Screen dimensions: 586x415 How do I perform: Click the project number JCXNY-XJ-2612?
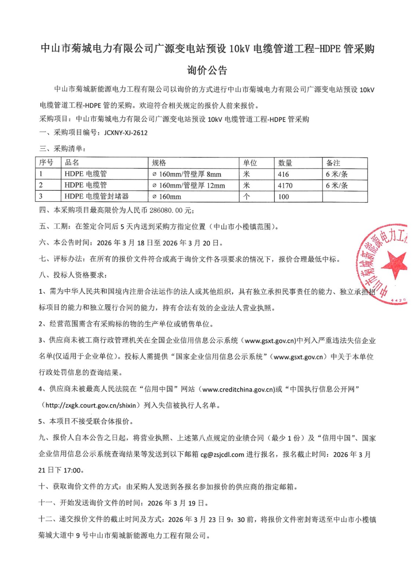[x=125, y=133]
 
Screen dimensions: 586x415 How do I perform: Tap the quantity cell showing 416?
[x=283, y=174]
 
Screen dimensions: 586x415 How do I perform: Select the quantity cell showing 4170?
[x=285, y=186]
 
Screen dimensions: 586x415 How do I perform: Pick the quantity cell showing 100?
[x=283, y=197]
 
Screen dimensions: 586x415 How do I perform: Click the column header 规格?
[x=159, y=163]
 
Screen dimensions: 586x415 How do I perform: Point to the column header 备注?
[x=333, y=163]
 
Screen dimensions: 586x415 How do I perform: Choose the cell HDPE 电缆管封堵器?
[x=97, y=196]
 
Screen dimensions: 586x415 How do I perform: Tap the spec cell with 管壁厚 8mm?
[x=187, y=174]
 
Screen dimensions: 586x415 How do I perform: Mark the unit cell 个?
[x=247, y=196]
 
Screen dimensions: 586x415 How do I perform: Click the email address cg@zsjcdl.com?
[x=222, y=455]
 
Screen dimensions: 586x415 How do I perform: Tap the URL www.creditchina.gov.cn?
[x=238, y=389]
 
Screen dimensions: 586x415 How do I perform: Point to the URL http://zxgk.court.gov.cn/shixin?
[x=91, y=405]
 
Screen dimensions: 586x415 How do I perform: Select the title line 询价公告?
[x=207, y=70]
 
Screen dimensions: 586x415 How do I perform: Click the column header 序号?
[x=46, y=163]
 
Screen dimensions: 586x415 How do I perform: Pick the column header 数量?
[x=285, y=163]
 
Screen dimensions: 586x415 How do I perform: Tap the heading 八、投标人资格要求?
[x=73, y=275]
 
